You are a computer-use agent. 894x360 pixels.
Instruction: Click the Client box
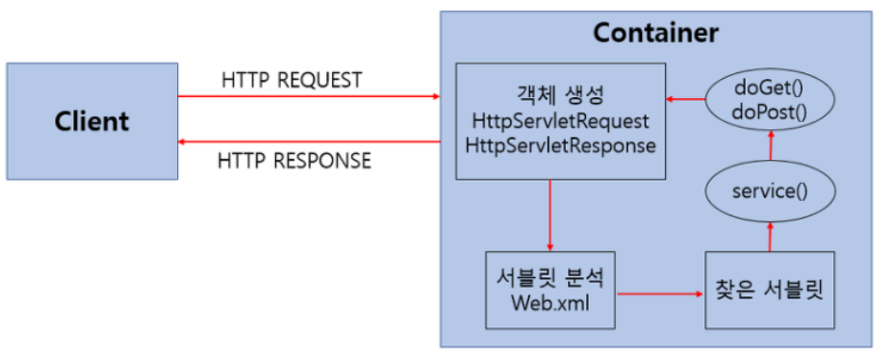91,121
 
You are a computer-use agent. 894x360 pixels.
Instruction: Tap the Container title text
654,33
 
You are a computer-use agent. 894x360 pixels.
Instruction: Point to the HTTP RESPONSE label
295,161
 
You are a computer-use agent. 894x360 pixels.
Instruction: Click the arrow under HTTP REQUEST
308,96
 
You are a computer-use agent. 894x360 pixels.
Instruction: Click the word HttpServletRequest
561,123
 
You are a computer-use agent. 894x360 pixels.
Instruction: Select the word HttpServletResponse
561,145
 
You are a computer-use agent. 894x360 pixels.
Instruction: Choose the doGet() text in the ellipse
769,88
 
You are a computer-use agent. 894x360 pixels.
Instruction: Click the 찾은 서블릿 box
769,290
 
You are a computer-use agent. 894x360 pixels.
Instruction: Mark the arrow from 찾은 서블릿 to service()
769,235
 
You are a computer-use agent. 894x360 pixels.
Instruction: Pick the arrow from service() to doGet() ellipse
769,145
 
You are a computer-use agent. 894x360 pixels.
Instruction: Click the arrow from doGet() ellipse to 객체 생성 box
686,99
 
